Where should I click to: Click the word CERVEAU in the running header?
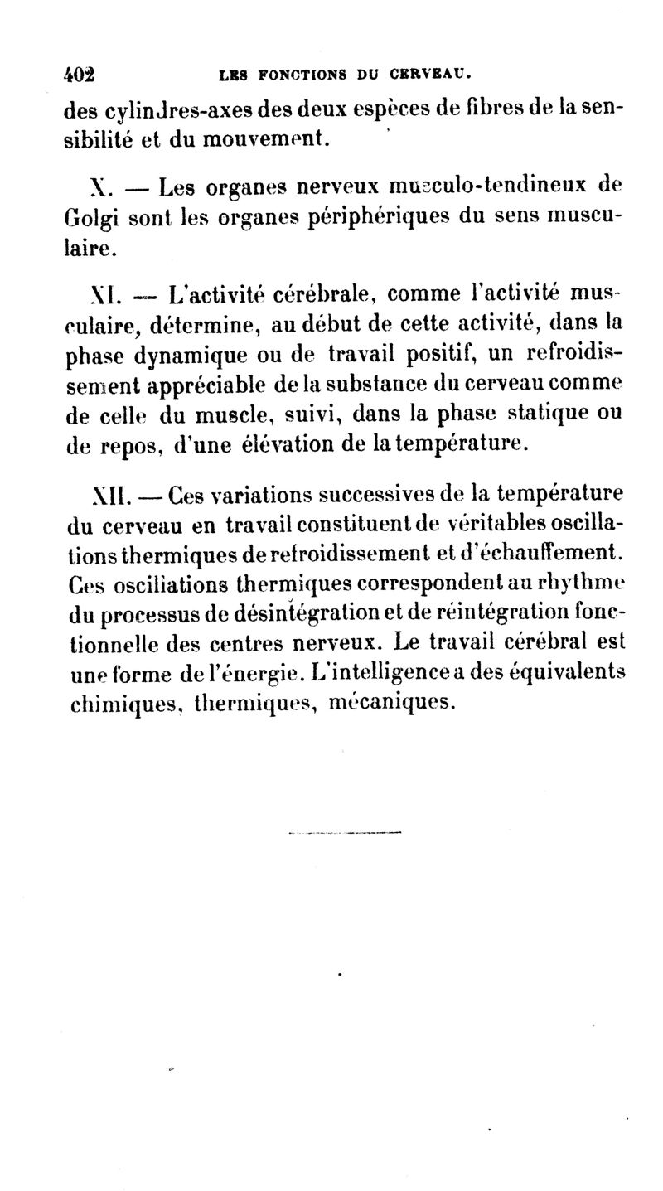point(433,75)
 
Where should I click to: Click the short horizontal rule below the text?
point(344,833)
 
